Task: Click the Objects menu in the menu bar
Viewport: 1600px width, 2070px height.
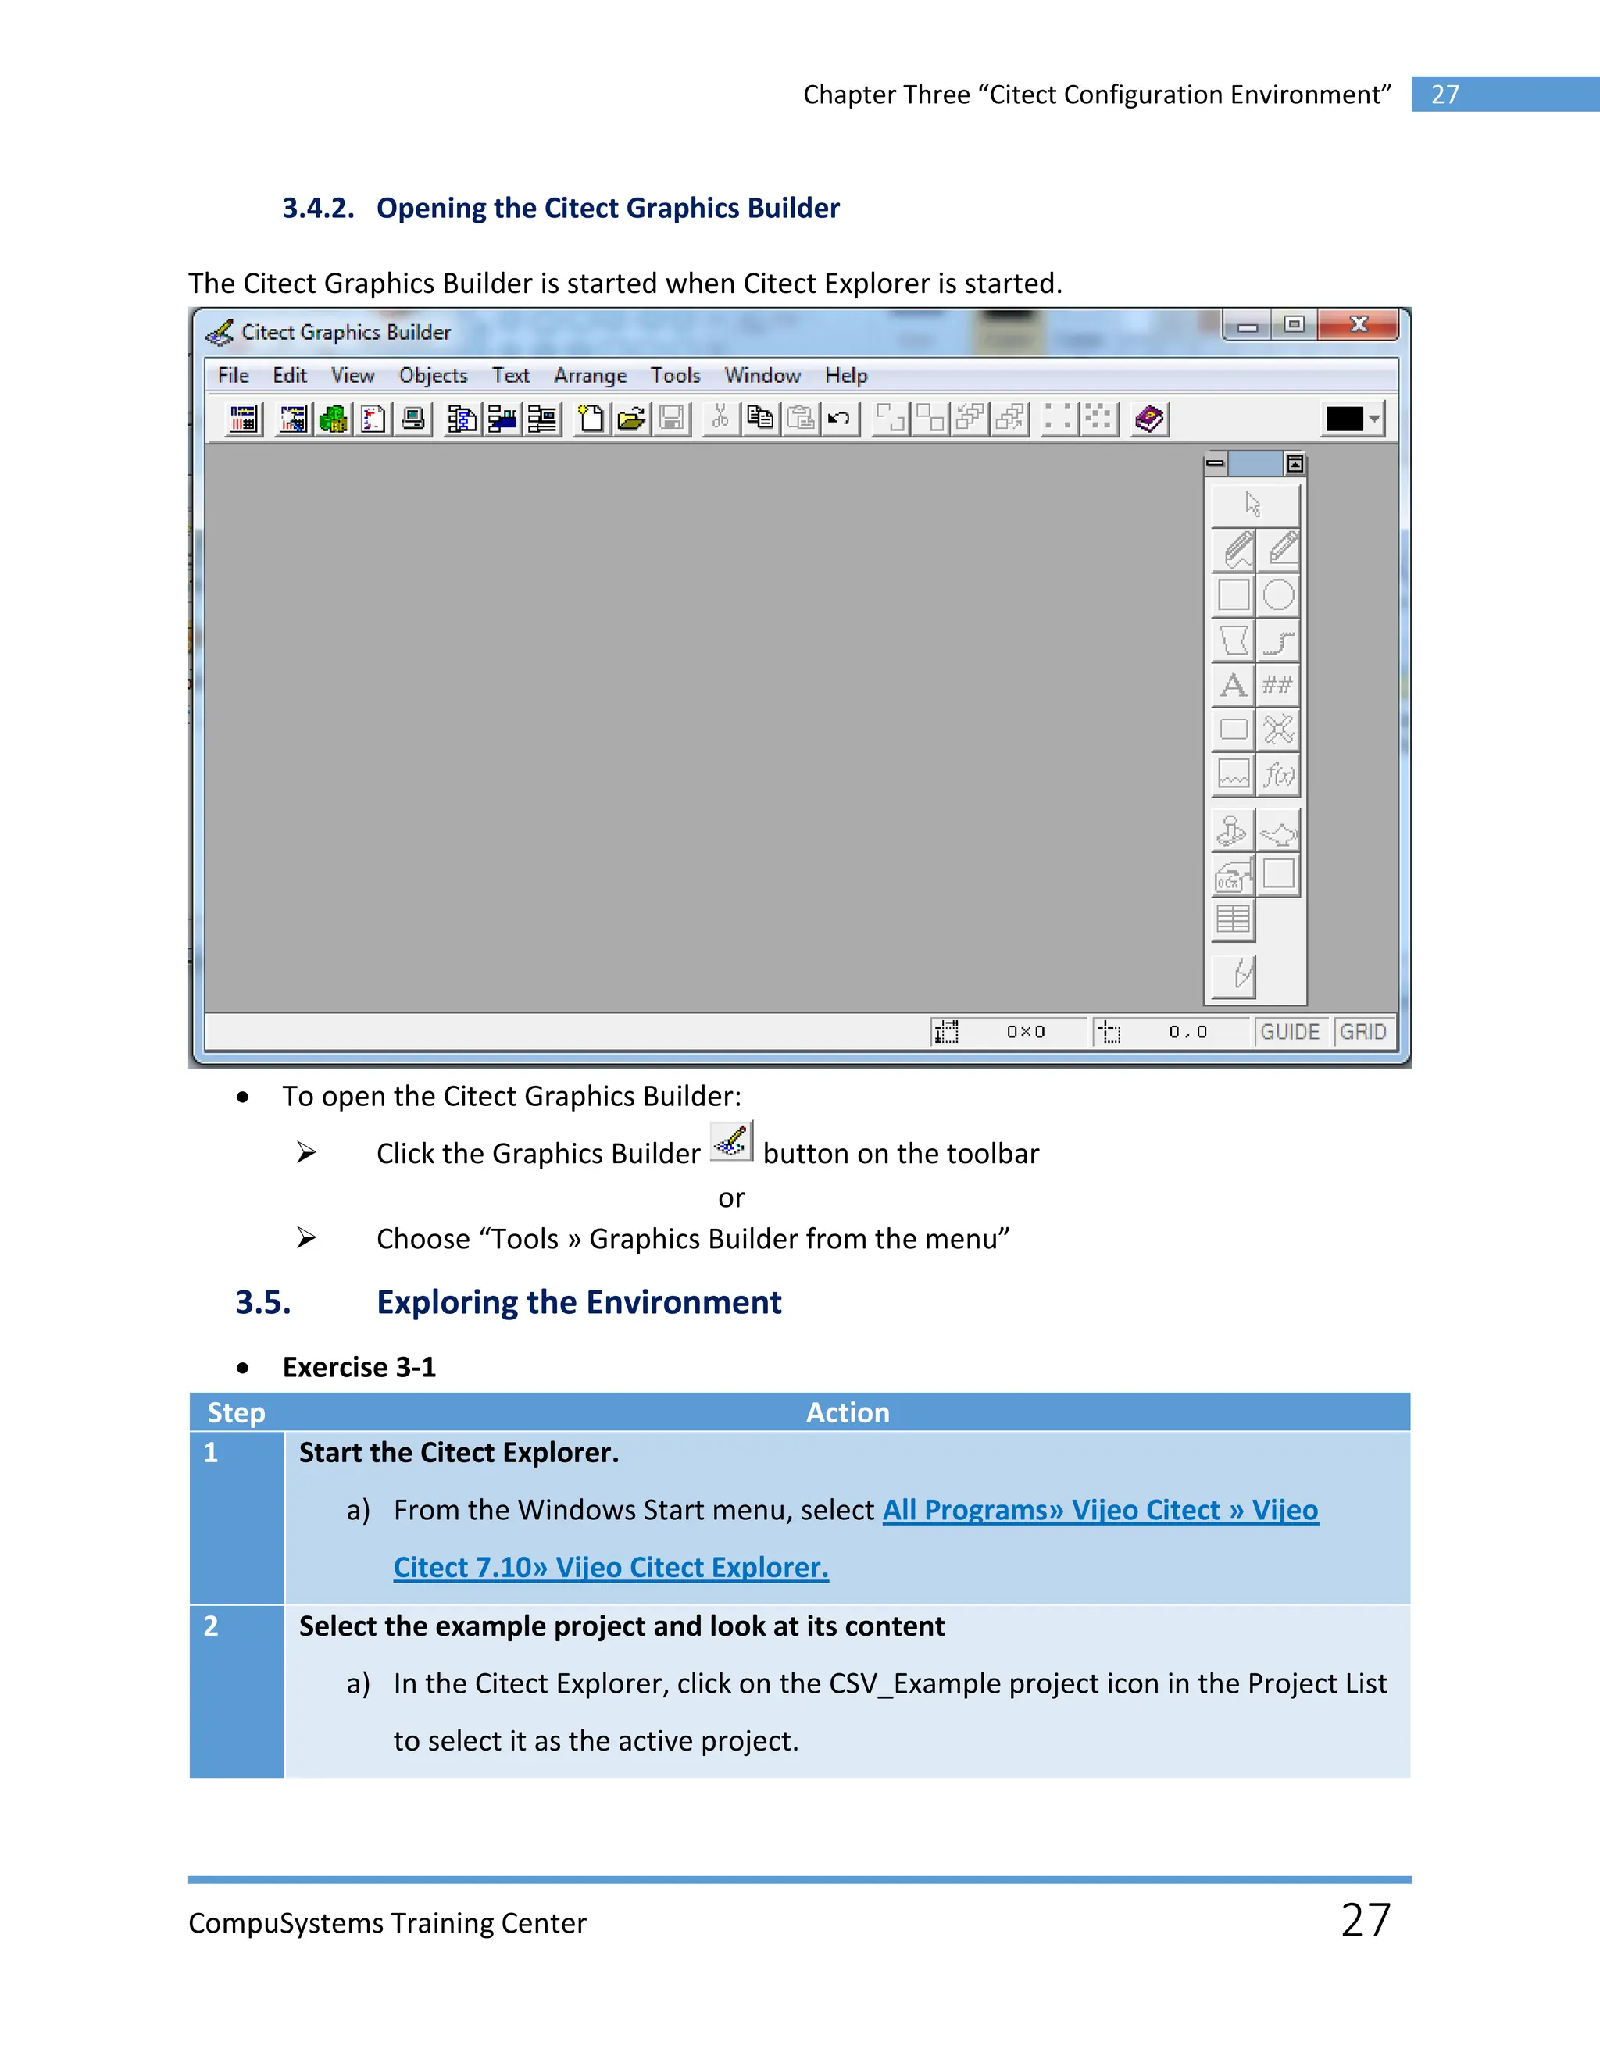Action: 433,375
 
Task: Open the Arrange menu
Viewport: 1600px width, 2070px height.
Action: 590,375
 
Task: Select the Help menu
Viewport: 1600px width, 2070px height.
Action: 845,375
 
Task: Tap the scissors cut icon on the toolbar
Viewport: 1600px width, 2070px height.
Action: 720,418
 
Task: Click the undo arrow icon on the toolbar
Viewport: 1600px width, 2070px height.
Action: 839,418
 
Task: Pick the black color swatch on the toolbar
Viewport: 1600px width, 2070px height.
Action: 1344,419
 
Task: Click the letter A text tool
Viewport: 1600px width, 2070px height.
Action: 1233,684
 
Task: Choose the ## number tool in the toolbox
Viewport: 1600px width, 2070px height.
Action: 1277,684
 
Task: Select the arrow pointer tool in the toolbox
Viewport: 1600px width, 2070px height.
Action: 1253,505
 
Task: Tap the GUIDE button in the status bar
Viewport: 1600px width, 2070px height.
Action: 1290,1032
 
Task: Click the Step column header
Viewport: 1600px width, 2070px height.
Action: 236,1413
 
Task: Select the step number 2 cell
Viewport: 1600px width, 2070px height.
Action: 212,1626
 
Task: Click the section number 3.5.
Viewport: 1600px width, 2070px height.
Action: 263,1303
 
